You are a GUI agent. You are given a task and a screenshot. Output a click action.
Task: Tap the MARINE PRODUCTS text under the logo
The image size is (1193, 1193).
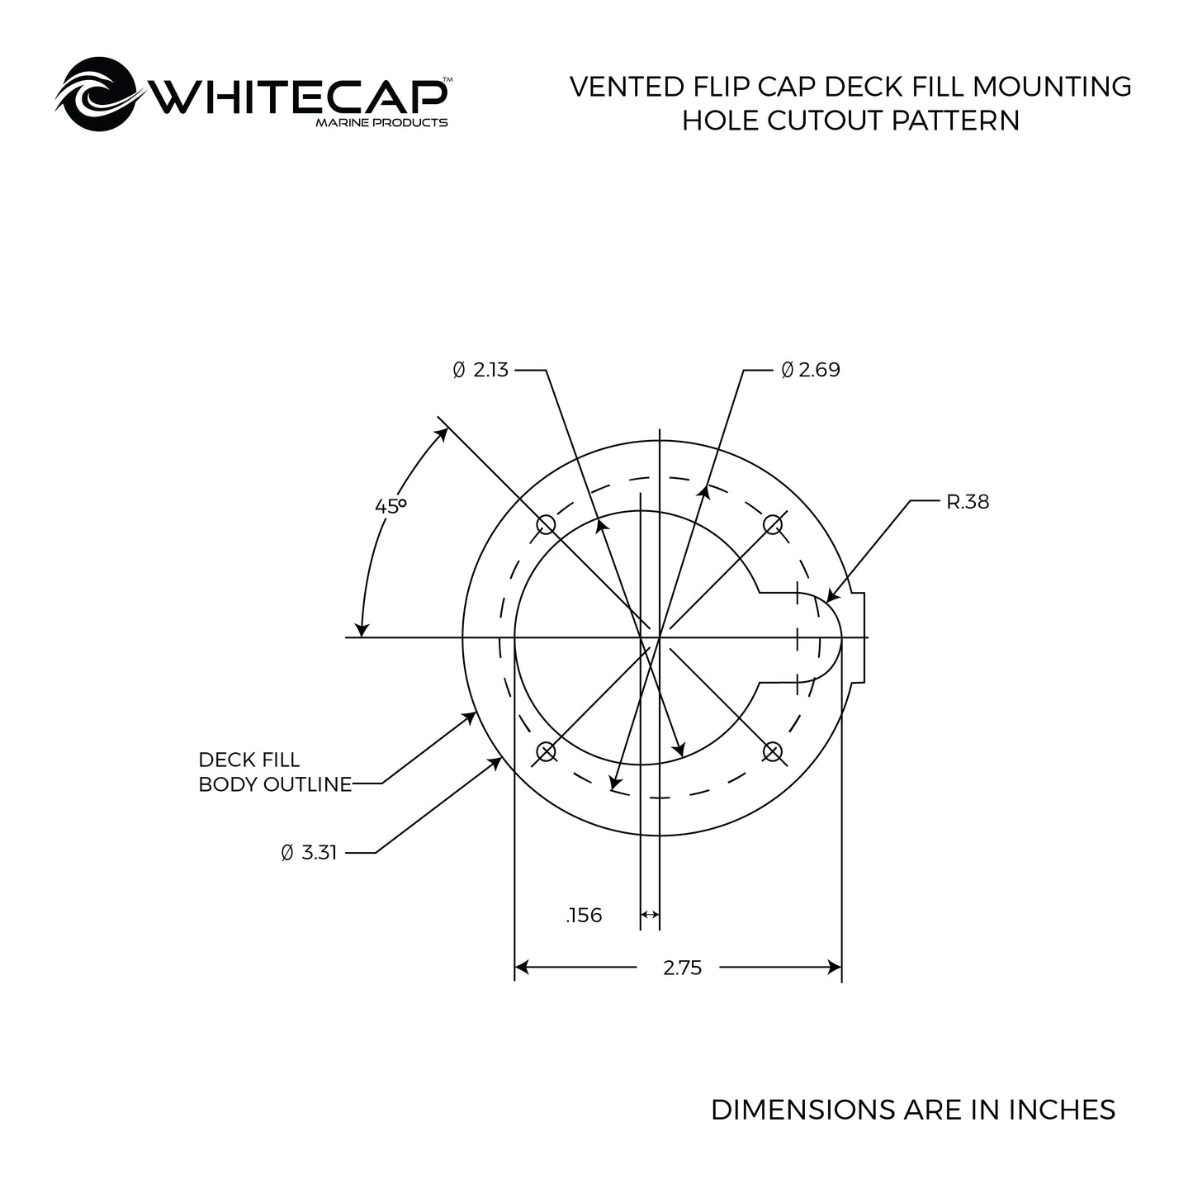[x=381, y=123]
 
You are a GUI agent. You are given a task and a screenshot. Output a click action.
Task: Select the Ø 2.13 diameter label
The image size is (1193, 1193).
[x=481, y=370]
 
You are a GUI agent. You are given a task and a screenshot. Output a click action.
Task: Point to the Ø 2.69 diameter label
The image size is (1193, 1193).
[x=811, y=370]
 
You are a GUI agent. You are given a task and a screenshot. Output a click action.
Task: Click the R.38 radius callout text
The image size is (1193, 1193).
[x=967, y=501]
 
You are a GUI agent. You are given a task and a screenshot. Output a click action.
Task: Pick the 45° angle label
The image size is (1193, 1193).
[x=391, y=505]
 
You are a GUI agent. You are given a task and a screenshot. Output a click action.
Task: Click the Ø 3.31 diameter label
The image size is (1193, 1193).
[x=309, y=853]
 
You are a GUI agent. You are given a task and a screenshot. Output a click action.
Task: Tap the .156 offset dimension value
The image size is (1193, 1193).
[x=584, y=915]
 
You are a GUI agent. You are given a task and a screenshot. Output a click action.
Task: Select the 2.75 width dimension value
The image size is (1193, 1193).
[x=682, y=968]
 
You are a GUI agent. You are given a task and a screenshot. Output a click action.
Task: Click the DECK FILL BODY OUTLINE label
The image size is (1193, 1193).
[x=274, y=772]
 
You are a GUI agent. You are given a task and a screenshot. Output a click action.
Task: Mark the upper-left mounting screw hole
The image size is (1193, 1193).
[x=546, y=524]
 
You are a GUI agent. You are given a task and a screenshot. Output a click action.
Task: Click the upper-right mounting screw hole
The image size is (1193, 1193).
[x=773, y=524]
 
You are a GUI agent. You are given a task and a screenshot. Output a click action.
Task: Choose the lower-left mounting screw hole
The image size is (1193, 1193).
[x=546, y=751]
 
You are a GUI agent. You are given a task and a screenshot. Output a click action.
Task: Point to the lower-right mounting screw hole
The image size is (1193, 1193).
[x=773, y=751]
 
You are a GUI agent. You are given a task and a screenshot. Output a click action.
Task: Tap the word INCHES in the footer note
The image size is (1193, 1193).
[x=1062, y=1110]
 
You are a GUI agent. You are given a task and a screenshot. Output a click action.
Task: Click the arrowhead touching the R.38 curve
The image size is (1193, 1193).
[x=831, y=596]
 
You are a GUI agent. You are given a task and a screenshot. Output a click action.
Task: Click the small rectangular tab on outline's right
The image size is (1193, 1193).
[x=859, y=637]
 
